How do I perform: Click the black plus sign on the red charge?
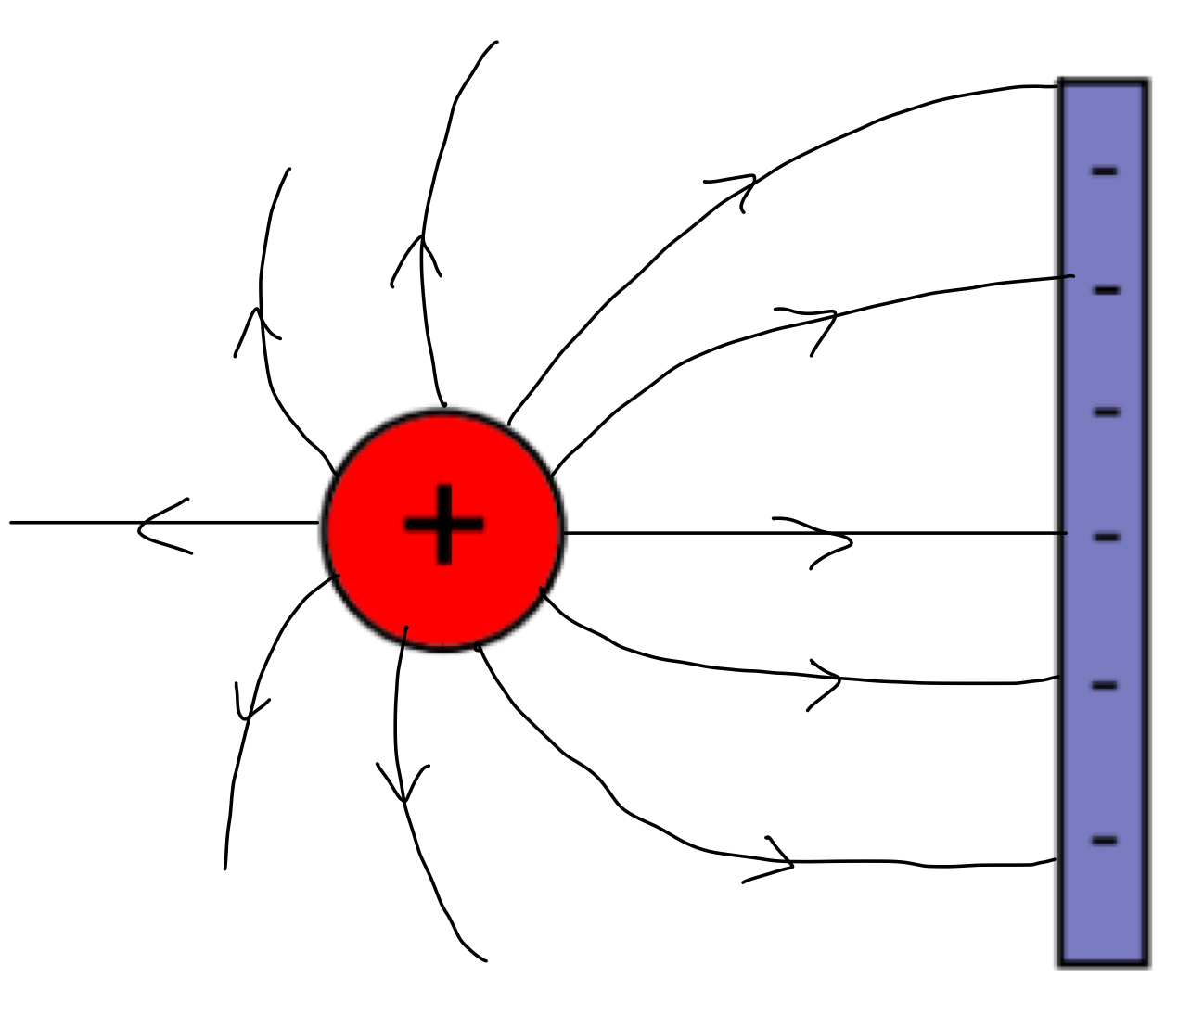point(443,524)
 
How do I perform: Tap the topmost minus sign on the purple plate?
point(1104,171)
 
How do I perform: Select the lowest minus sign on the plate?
point(1104,841)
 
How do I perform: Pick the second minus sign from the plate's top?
point(1106,290)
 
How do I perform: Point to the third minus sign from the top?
point(1107,412)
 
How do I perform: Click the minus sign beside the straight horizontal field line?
point(1107,537)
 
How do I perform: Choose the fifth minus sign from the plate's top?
point(1105,686)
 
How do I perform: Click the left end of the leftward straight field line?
point(13,523)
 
